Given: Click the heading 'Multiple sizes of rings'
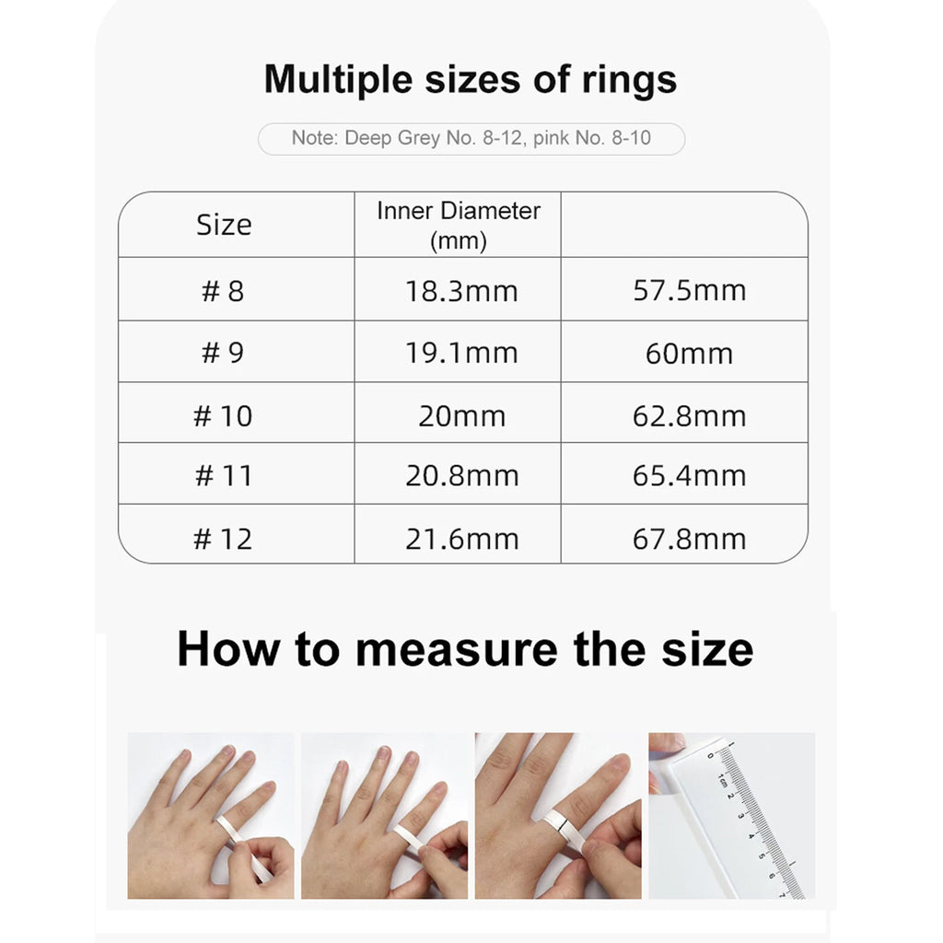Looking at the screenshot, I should tap(471, 79).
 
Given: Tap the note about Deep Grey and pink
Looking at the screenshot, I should tap(471, 138).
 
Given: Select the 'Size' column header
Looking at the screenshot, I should tap(224, 225).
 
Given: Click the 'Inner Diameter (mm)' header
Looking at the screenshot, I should tap(458, 225).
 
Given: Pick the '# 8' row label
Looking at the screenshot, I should tap(224, 291).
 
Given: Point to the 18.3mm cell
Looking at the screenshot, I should tap(461, 291).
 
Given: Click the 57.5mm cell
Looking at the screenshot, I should tap(689, 290).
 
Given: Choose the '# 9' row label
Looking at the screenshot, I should tap(224, 353).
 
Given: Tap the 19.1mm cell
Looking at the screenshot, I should tap(461, 353).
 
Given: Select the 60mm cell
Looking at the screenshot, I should tap(689, 354).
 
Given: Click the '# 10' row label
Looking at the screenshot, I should tap(223, 415).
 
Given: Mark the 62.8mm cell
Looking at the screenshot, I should tap(689, 415).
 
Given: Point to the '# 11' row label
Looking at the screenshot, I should tap(223, 476).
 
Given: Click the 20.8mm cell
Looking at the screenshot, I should tap(461, 476).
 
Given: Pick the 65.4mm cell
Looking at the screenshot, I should tap(689, 476).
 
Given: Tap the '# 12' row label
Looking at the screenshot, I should tap(223, 539).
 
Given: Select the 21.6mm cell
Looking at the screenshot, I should tap(461, 539).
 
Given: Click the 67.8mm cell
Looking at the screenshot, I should tap(689, 539).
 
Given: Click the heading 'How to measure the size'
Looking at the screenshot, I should tap(465, 648).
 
